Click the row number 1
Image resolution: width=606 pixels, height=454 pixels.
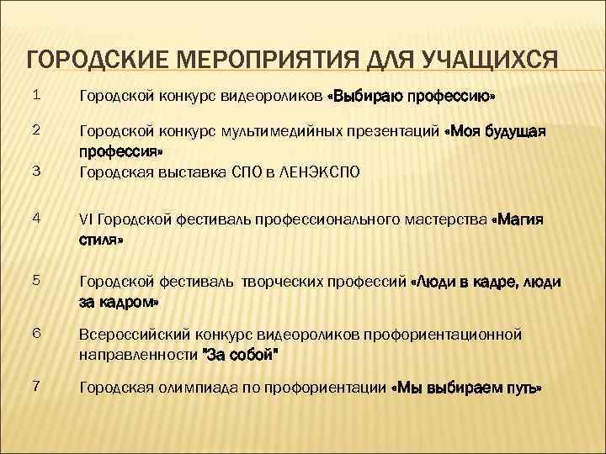pyautogui.click(x=35, y=96)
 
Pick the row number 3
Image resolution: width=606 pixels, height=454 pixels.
pyautogui.click(x=35, y=172)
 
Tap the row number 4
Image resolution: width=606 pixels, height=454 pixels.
pyautogui.click(x=35, y=219)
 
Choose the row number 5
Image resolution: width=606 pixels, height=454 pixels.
pyautogui.click(x=35, y=282)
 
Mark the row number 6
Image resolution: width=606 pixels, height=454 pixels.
pyautogui.click(x=35, y=334)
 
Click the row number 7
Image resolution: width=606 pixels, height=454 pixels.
pyautogui.click(x=35, y=386)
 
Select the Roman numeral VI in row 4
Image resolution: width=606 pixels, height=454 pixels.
pyautogui.click(x=86, y=220)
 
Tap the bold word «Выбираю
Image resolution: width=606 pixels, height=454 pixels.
pyautogui.click(x=364, y=98)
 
